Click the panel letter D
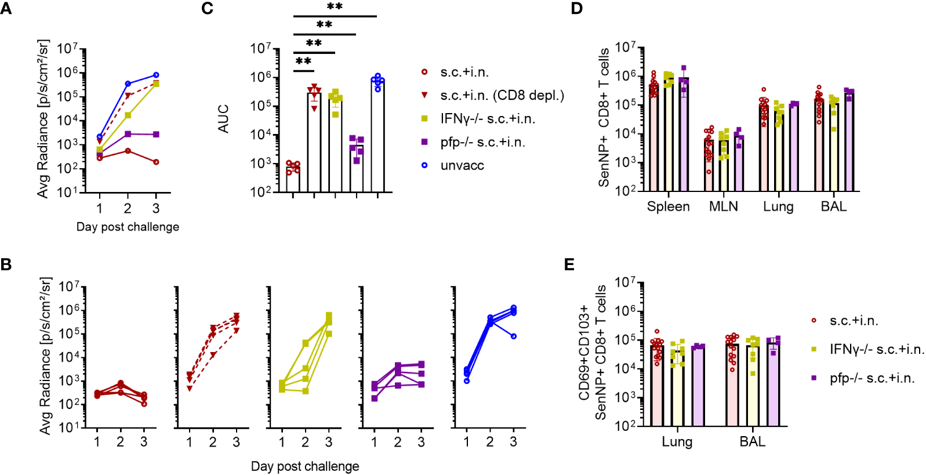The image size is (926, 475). pos(576,9)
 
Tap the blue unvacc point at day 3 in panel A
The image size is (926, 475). pos(156,75)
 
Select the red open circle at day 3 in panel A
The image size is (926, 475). pos(156,162)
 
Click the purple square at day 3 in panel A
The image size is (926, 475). pos(156,135)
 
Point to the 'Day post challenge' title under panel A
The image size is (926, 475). pos(128,227)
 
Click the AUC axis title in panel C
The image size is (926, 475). pos(224,119)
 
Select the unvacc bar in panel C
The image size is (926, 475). pos(377,136)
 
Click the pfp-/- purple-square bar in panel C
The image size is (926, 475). pos(357,168)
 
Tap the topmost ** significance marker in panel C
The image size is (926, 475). pos(335,7)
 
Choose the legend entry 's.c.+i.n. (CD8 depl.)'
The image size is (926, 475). pos(502,96)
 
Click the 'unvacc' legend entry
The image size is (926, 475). pos(462,166)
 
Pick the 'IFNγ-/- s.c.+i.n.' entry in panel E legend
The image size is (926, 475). pos(876,349)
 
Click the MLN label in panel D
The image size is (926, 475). pos(723,207)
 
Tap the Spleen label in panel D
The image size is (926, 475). pos(668,207)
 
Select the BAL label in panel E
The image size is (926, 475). pos(752,442)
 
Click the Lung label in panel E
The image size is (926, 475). pos(677,442)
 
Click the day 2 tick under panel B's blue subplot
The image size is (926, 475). pos(490,442)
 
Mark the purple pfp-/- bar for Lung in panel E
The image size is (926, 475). pos(699,386)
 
